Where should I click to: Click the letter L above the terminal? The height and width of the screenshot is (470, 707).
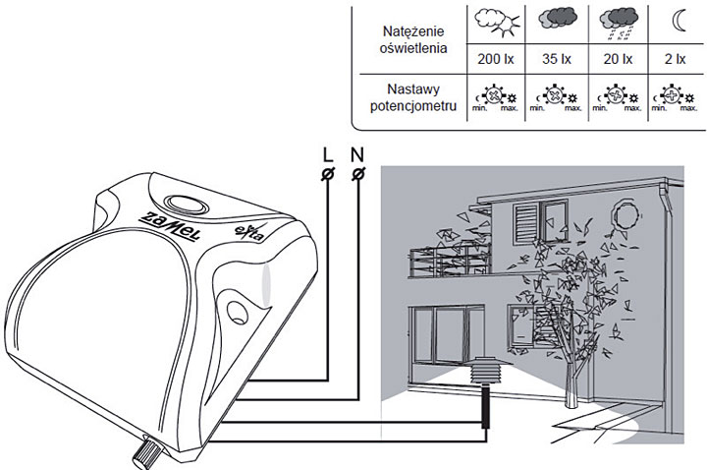click(327, 154)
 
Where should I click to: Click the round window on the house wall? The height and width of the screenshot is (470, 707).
click(624, 212)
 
